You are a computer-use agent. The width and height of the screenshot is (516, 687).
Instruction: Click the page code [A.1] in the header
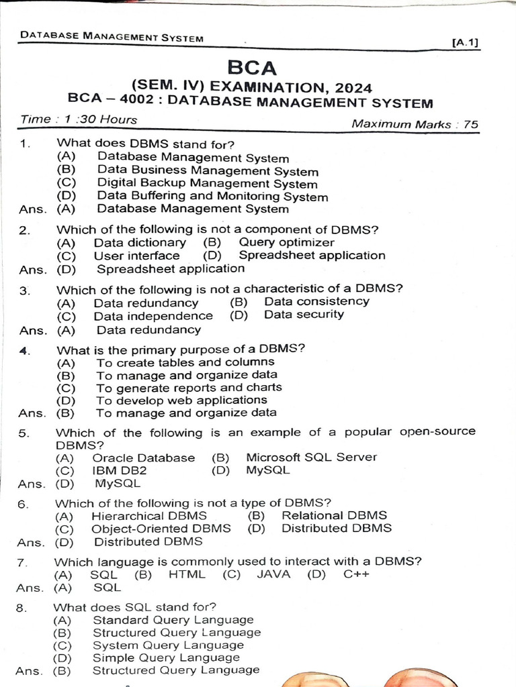[x=465, y=43]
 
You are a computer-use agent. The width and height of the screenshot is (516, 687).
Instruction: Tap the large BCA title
[x=252, y=68]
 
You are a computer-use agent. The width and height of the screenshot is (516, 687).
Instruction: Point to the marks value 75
[x=470, y=124]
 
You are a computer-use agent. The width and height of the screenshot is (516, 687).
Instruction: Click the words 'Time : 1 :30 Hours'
[x=79, y=120]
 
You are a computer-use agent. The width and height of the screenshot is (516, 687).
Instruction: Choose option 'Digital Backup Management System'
[x=207, y=183]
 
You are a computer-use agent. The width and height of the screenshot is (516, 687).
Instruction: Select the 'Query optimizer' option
[x=286, y=243]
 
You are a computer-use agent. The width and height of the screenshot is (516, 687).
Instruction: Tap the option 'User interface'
[x=136, y=256]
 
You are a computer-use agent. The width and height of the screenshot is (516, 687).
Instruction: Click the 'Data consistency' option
[x=316, y=302]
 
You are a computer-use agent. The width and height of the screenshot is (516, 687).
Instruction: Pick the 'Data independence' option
[x=153, y=316]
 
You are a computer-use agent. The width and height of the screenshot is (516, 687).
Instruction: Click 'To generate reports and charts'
[x=189, y=388]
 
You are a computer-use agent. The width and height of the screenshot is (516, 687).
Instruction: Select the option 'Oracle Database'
[x=144, y=458]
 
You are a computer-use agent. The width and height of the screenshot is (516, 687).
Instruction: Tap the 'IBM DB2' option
[x=120, y=470]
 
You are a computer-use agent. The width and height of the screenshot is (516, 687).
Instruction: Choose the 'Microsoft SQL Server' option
[x=311, y=458]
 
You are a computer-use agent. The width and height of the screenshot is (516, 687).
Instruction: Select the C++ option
[x=356, y=574]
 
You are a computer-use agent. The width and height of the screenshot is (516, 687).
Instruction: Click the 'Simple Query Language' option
[x=166, y=658]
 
